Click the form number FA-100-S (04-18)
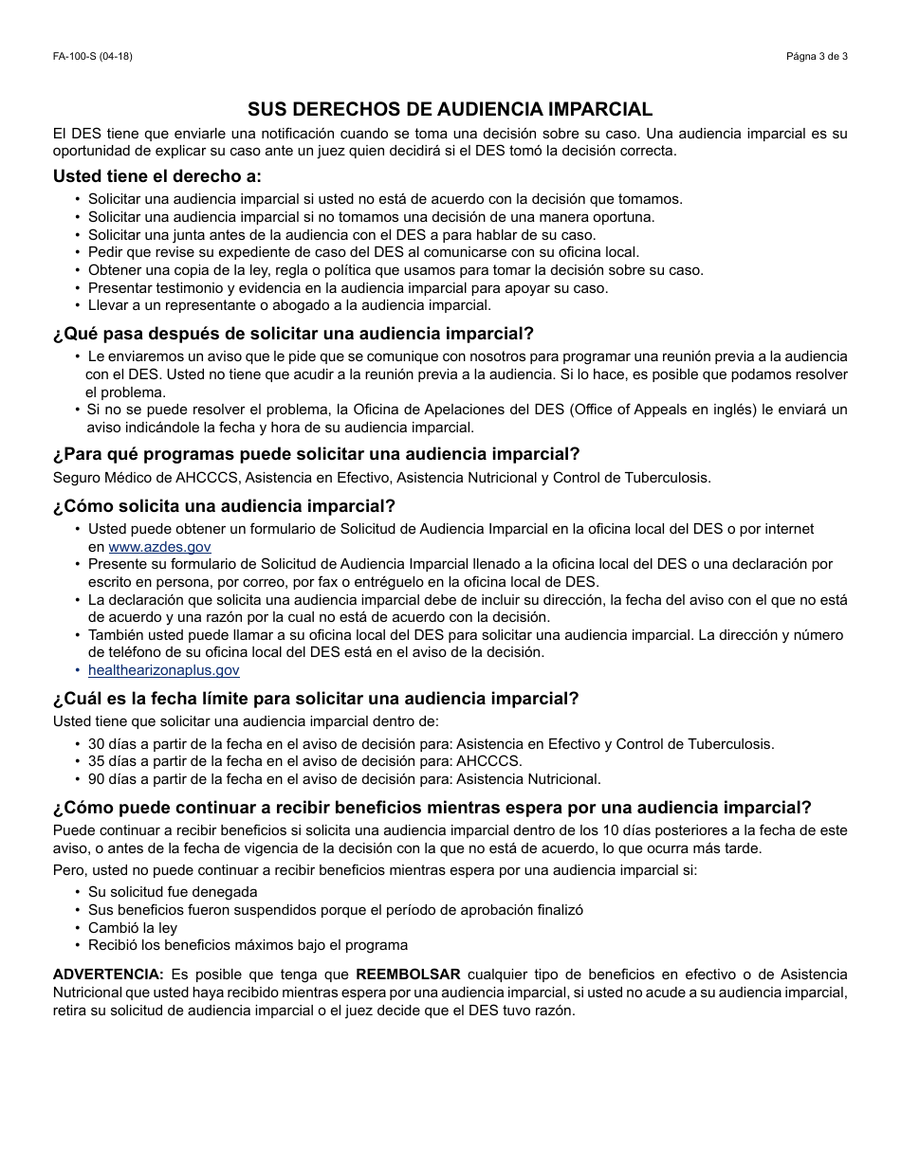coord(93,56)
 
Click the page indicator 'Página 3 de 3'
coord(817,56)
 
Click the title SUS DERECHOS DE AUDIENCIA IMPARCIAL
coord(450,109)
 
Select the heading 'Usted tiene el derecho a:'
coord(157,175)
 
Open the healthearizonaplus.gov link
coord(163,670)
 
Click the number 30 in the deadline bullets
coord(96,744)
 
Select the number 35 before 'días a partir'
coord(96,761)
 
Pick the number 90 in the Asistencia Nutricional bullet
coord(96,779)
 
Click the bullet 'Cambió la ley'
coord(133,928)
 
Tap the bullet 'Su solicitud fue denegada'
coord(173,892)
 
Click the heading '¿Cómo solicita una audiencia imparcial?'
coord(225,506)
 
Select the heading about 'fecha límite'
coord(316,699)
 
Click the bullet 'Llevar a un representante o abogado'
coord(289,305)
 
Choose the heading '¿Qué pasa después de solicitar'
coord(294,334)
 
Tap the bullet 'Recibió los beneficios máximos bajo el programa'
coord(248,945)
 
